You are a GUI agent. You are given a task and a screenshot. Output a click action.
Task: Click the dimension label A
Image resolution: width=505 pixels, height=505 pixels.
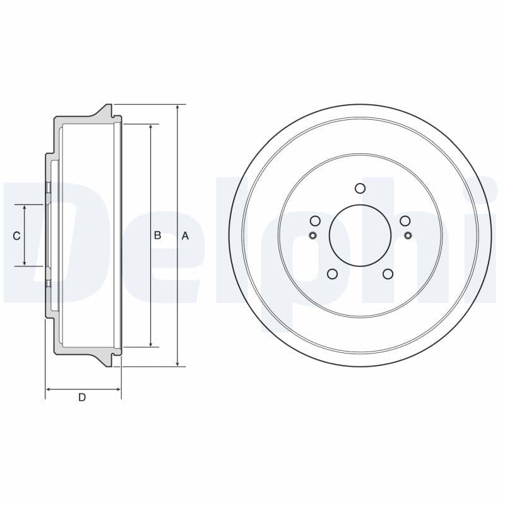coord(185,235)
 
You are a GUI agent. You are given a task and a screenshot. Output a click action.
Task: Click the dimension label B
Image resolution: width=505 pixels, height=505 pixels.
coord(158,235)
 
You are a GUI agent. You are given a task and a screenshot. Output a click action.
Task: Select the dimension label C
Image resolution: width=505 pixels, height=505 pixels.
coord(17,235)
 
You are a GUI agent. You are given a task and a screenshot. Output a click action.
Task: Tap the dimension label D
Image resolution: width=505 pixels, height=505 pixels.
coord(82,397)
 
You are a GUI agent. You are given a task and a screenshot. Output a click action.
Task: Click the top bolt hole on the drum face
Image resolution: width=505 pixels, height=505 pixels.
coord(360,188)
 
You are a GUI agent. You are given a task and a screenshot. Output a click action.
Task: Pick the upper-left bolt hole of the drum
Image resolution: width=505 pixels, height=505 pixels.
coord(315,221)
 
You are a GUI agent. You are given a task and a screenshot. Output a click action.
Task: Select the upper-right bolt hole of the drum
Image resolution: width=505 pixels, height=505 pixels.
coord(405,221)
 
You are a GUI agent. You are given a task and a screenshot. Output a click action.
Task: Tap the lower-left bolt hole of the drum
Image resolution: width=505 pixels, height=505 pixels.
coord(332,274)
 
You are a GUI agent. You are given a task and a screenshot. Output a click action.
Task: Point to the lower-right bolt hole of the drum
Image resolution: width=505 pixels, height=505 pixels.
coord(388,274)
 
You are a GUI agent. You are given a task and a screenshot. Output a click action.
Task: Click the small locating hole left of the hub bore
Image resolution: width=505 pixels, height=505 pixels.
coord(312,235)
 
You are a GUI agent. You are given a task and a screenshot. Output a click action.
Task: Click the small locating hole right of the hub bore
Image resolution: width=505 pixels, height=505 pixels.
coord(408,235)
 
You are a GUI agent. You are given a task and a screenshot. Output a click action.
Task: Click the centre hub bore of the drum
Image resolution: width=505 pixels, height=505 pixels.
coord(360,235)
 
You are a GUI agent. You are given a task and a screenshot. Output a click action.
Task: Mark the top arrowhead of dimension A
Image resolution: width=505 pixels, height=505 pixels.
coord(178,108)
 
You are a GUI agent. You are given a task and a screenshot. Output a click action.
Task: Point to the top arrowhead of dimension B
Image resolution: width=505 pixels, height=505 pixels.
coord(151,128)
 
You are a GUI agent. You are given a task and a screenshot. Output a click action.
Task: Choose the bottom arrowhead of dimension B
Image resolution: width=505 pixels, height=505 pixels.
coord(151,343)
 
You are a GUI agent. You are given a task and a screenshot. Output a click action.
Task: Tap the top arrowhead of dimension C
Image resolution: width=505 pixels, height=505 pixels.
coord(25,208)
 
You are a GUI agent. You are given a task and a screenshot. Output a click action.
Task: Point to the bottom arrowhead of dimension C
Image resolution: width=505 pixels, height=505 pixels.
coord(25,263)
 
